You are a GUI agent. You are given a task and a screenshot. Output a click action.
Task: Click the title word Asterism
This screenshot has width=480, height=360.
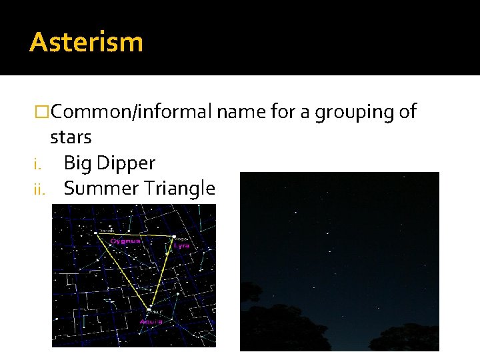click(86, 42)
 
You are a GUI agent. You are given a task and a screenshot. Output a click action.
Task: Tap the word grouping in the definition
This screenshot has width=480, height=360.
click(356, 112)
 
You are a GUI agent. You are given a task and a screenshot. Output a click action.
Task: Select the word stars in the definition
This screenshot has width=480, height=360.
click(71, 137)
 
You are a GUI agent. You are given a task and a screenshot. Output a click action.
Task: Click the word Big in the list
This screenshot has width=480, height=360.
click(76, 163)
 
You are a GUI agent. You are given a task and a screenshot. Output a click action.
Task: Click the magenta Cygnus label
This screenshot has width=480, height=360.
click(125, 241)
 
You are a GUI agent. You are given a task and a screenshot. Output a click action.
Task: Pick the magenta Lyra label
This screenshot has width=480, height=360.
click(181, 245)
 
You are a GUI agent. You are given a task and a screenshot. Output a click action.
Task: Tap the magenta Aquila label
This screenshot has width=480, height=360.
click(151, 321)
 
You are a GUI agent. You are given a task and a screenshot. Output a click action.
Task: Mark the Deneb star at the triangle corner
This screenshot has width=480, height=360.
click(97, 233)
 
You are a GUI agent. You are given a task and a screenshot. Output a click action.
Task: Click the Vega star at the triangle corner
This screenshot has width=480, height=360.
click(174, 237)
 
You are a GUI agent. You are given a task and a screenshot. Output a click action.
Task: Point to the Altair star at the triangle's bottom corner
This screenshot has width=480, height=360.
click(148, 309)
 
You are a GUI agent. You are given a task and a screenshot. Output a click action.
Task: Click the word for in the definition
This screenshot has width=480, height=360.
click(285, 112)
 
